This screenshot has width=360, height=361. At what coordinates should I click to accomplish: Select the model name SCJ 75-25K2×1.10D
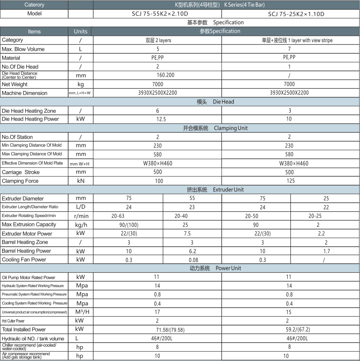[x=296, y=14]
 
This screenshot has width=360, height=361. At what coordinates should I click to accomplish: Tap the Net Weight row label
[x=15, y=84]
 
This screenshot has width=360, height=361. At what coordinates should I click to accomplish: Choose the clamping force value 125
[x=290, y=181]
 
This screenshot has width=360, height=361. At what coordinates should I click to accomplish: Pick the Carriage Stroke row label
[x=21, y=172]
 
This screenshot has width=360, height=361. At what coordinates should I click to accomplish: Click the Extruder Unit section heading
[x=215, y=190]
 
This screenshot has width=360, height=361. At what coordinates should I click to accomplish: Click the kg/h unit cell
[x=81, y=225]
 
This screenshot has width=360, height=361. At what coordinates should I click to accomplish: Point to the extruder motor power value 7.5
[x=187, y=234]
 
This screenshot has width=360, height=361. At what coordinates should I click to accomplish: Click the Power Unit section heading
[x=214, y=268]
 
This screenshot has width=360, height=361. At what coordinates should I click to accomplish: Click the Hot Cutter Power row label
[x=13, y=321]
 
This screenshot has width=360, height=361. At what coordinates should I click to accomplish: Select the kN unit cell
[x=81, y=181]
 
